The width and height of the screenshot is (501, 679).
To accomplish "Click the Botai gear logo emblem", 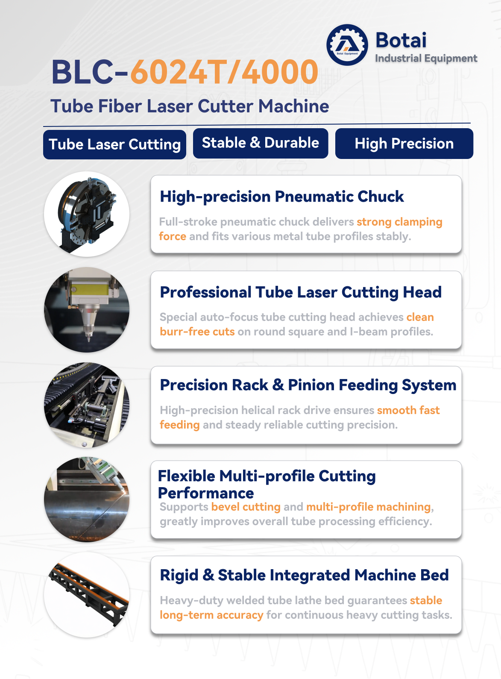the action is click(x=347, y=45).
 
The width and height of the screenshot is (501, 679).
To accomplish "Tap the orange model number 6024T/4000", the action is click(x=224, y=72).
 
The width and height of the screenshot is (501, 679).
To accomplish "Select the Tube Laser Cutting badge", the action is click(x=114, y=144).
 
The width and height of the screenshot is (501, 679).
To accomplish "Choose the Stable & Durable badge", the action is click(x=261, y=143).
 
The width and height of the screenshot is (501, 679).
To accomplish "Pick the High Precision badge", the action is click(x=404, y=144).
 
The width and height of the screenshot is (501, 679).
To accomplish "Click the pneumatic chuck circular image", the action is click(x=87, y=214).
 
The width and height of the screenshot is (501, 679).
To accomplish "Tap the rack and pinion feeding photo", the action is click(x=87, y=405).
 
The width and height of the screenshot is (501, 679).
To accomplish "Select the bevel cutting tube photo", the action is click(x=87, y=500).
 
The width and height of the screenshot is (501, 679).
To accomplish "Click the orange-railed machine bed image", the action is click(x=87, y=595).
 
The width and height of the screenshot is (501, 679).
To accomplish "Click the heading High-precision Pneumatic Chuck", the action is click(x=281, y=197).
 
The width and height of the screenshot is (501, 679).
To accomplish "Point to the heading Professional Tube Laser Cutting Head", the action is click(x=301, y=292).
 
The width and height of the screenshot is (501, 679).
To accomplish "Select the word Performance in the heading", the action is click(x=206, y=493).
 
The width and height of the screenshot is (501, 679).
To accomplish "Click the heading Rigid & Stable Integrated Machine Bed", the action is click(x=304, y=575).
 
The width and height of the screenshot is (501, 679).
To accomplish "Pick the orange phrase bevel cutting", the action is click(x=246, y=507).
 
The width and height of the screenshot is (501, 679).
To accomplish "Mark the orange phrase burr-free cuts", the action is click(x=197, y=332).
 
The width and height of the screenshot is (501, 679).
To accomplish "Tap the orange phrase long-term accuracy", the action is click(x=211, y=615).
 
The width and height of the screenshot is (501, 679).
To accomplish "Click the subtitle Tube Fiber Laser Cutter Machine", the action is click(x=190, y=106).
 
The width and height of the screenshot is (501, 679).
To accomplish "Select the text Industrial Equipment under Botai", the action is click(x=426, y=58).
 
